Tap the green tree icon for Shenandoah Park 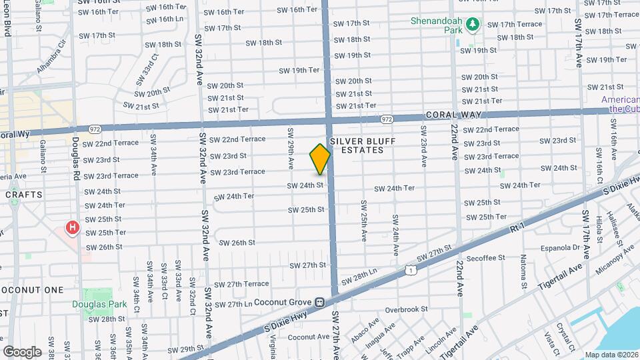(473, 24)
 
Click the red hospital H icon (71, 229)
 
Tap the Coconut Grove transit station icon (320, 301)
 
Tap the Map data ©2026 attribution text (611, 355)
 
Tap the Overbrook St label (405, 309)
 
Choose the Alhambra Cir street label (53, 55)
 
